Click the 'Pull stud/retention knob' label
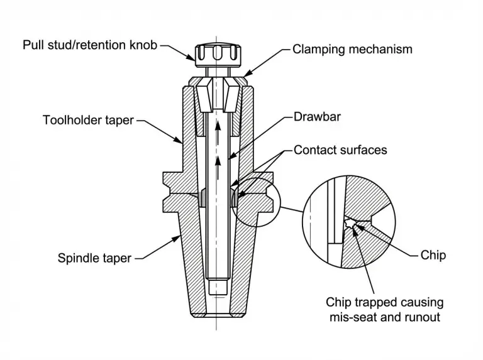click(90, 45)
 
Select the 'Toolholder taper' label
click(87, 119)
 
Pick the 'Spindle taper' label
click(94, 257)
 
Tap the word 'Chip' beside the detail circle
click(433, 256)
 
